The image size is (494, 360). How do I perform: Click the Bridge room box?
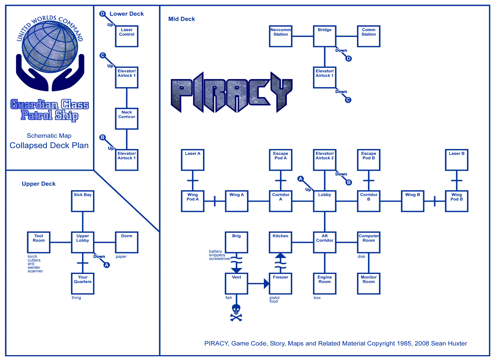(x=325, y=36)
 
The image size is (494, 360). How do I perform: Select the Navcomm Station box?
(x=281, y=36)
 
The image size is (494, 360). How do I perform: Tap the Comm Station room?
(x=368, y=36)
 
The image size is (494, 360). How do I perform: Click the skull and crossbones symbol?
(x=236, y=313)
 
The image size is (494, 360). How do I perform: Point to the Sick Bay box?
(x=83, y=201)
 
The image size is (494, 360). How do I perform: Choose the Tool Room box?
(x=39, y=242)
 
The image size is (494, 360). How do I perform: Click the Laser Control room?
(x=127, y=36)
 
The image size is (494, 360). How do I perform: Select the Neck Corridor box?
(x=127, y=118)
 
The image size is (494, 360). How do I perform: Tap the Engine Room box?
(x=325, y=283)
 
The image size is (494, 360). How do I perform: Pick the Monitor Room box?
(x=368, y=283)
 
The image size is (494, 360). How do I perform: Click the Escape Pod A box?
(x=281, y=160)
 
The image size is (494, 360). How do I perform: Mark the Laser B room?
(x=457, y=160)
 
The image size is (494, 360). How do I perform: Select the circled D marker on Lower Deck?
(x=103, y=14)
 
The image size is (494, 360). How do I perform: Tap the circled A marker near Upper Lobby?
(x=107, y=265)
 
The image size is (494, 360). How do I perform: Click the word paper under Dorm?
(x=121, y=257)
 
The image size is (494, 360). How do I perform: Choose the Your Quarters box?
(x=83, y=283)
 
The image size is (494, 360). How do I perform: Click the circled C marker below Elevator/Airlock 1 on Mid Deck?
(x=348, y=100)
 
